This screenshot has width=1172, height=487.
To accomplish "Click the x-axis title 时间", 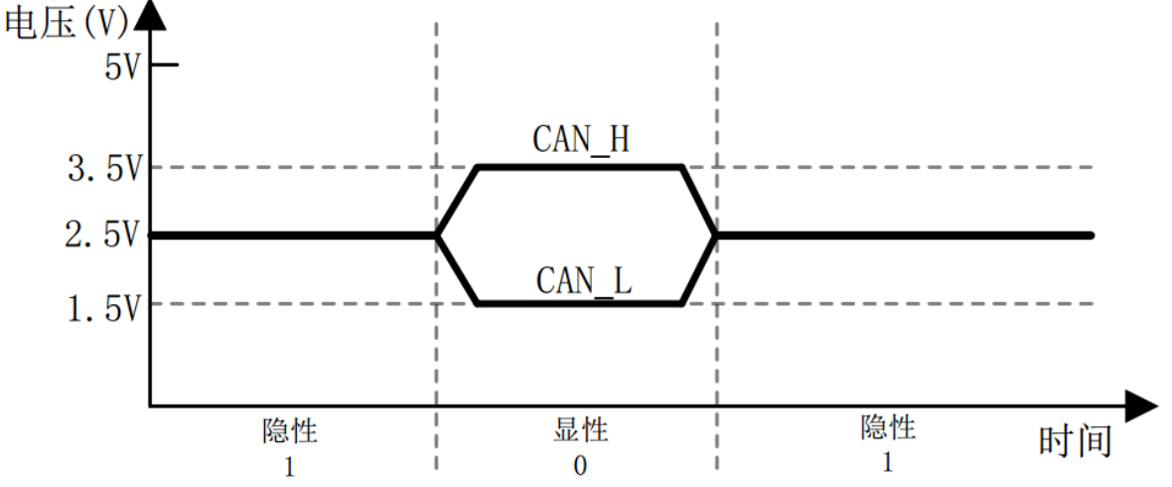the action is [x=1075, y=440].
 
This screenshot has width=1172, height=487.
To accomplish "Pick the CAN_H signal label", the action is [x=582, y=140].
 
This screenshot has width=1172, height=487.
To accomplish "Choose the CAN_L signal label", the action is [x=584, y=280].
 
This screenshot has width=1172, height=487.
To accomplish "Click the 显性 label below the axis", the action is [x=580, y=430].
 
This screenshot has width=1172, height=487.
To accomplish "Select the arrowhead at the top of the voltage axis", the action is [x=150, y=12].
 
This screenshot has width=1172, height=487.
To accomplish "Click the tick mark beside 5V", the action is [x=164, y=66].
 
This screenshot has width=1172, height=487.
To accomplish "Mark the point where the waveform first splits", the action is [x=437, y=236].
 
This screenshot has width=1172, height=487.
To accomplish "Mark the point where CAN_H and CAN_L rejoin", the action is [x=716, y=236].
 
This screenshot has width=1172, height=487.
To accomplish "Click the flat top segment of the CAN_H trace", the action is [x=580, y=167].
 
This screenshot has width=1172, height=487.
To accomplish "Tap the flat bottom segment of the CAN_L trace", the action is [x=580, y=303].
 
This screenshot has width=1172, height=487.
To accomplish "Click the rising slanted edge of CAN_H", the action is [x=458, y=202].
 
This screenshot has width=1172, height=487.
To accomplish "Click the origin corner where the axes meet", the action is [x=150, y=406].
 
